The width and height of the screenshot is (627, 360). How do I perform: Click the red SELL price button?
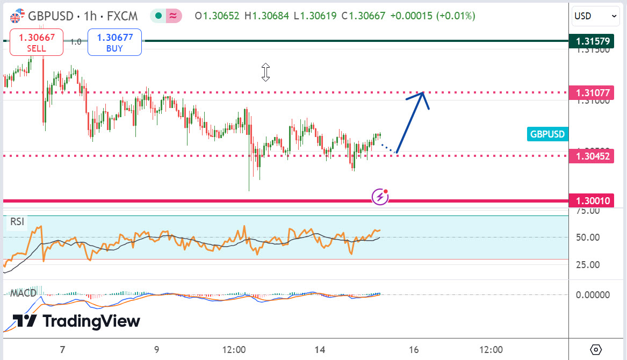(37, 42)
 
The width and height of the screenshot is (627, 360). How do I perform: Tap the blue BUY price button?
(114, 42)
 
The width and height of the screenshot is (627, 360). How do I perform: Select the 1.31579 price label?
(593, 41)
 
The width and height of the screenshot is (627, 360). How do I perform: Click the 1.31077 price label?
(593, 92)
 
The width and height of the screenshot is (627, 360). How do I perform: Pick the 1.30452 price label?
(593, 156)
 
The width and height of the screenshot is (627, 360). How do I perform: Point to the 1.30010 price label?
(593, 201)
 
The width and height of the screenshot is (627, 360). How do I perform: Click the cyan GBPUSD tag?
(547, 134)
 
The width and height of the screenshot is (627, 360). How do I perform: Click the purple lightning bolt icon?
(380, 197)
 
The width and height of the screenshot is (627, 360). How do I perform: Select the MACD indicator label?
(23, 293)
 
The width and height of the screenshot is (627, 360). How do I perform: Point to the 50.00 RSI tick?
(589, 237)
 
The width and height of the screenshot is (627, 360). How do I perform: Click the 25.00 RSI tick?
(589, 264)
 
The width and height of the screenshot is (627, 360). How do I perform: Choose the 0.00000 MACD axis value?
(593, 294)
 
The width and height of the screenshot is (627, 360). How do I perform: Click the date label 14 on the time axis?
(320, 350)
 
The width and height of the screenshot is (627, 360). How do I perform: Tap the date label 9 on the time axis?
(156, 350)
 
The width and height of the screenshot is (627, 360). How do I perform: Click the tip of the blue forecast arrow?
(424, 93)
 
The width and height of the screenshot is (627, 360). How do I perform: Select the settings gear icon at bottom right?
(596, 350)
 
